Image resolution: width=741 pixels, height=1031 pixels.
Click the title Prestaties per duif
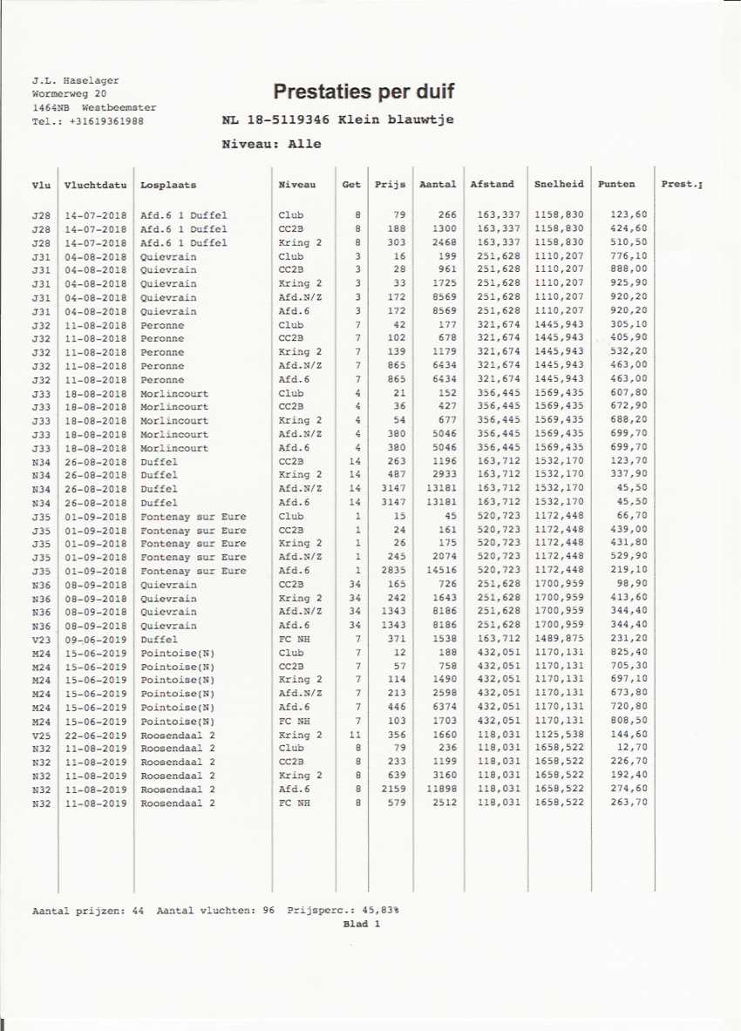tap(364, 92)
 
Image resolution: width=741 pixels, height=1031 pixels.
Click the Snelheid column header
tap(559, 185)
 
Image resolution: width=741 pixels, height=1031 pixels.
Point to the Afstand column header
tap(493, 185)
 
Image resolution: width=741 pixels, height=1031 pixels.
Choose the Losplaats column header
tap(168, 185)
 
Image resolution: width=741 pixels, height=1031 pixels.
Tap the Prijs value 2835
tap(392, 571)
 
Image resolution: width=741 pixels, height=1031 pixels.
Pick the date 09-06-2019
tap(96, 639)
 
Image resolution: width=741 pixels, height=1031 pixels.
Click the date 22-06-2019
tap(96, 735)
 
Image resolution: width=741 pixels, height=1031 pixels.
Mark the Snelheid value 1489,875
tap(559, 639)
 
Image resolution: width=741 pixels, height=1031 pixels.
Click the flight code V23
tap(40, 639)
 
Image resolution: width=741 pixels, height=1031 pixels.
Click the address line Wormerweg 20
tap(70, 93)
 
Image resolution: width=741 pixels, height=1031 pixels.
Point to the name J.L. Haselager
tap(76, 80)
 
